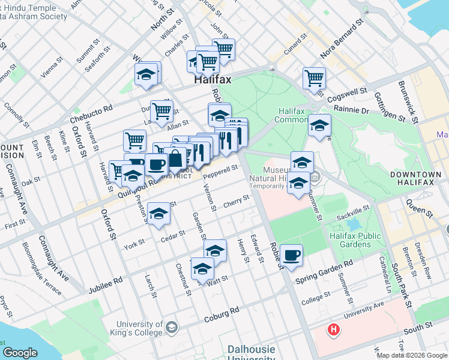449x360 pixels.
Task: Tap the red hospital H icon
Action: (x=333, y=329)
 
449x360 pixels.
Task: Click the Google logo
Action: (x=20, y=352)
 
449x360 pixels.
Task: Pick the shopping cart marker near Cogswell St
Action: (x=314, y=78)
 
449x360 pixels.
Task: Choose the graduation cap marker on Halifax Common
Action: (x=320, y=126)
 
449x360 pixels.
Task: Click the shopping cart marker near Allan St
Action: (x=161, y=111)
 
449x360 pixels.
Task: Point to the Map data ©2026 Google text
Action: (x=412, y=355)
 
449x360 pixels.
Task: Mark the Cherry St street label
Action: (x=236, y=202)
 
